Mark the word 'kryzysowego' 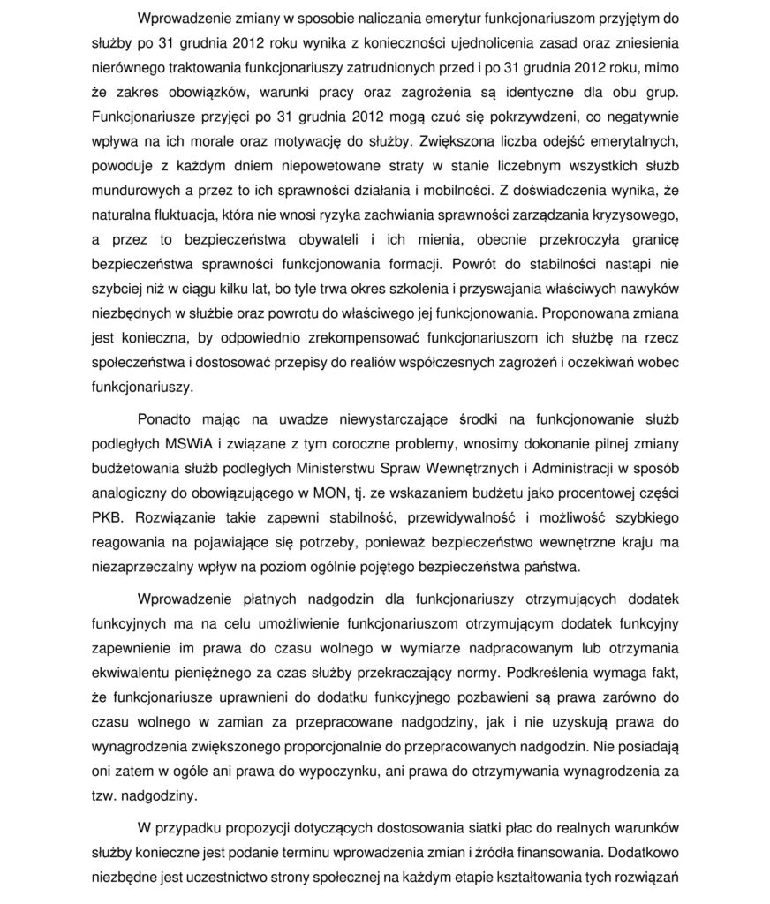click(x=632, y=215)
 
